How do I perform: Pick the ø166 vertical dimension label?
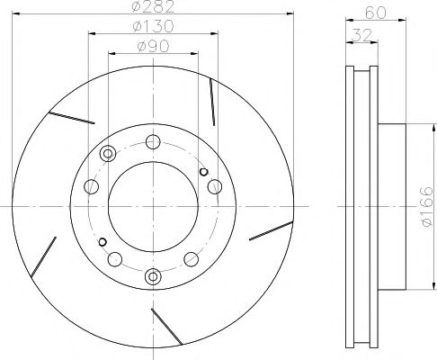click(x=424, y=208)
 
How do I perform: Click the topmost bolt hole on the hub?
click(x=152, y=140)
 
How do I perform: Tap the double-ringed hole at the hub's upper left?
click(x=109, y=152)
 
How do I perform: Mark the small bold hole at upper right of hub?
click(x=203, y=172)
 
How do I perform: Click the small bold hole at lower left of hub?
click(x=102, y=240)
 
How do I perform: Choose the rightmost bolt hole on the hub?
click(x=214, y=186)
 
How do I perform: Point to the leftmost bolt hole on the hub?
click(x=91, y=187)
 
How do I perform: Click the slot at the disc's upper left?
click(x=73, y=117)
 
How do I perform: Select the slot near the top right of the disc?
click(x=211, y=100)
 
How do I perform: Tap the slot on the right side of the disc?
click(x=271, y=232)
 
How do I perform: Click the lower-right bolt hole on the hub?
click(x=190, y=259)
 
